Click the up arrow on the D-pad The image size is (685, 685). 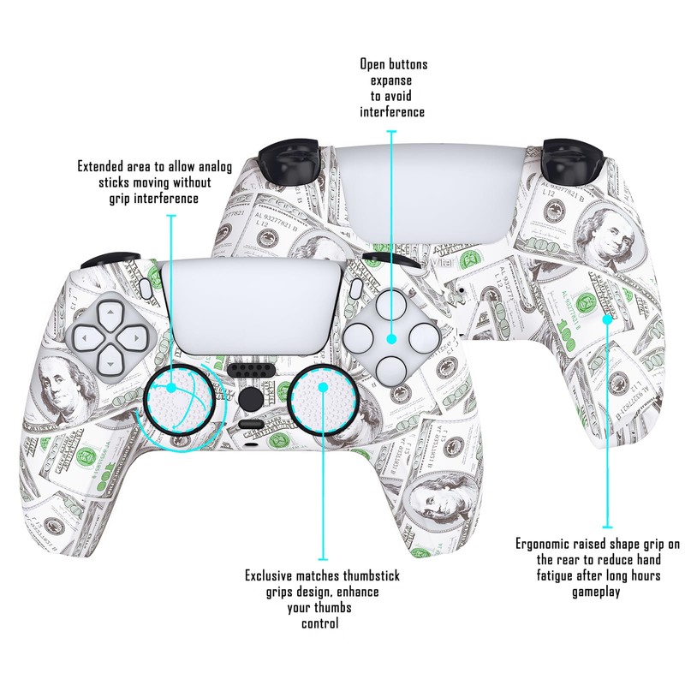(x=110, y=313)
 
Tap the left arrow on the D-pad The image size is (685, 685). (x=86, y=337)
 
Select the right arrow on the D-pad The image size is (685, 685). (x=135, y=337)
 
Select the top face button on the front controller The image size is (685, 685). (x=391, y=306)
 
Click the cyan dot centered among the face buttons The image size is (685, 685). (x=391, y=338)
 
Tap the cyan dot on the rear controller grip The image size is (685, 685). (x=607, y=319)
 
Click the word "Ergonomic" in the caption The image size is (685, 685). (x=542, y=544)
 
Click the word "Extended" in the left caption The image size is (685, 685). (x=100, y=166)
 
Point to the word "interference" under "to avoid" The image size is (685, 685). (x=392, y=112)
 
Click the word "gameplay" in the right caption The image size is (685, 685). (x=596, y=592)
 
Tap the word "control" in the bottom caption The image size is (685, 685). (x=319, y=623)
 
